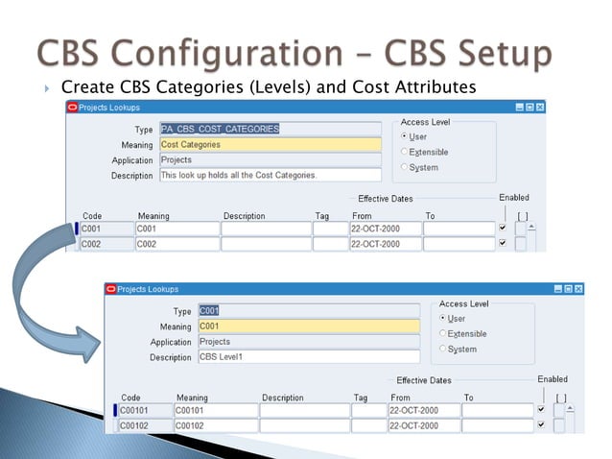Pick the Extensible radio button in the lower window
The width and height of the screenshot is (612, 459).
442,333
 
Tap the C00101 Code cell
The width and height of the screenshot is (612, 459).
141,410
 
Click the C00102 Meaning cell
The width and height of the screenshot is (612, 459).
214,425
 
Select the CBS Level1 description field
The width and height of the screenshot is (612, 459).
307,356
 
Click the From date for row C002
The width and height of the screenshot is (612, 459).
384,244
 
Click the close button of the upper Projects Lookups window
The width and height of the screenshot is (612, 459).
540,107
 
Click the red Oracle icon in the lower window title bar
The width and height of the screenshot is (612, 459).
110,288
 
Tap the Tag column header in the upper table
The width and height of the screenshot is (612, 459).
321,216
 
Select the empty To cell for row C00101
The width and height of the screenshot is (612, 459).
497,410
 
